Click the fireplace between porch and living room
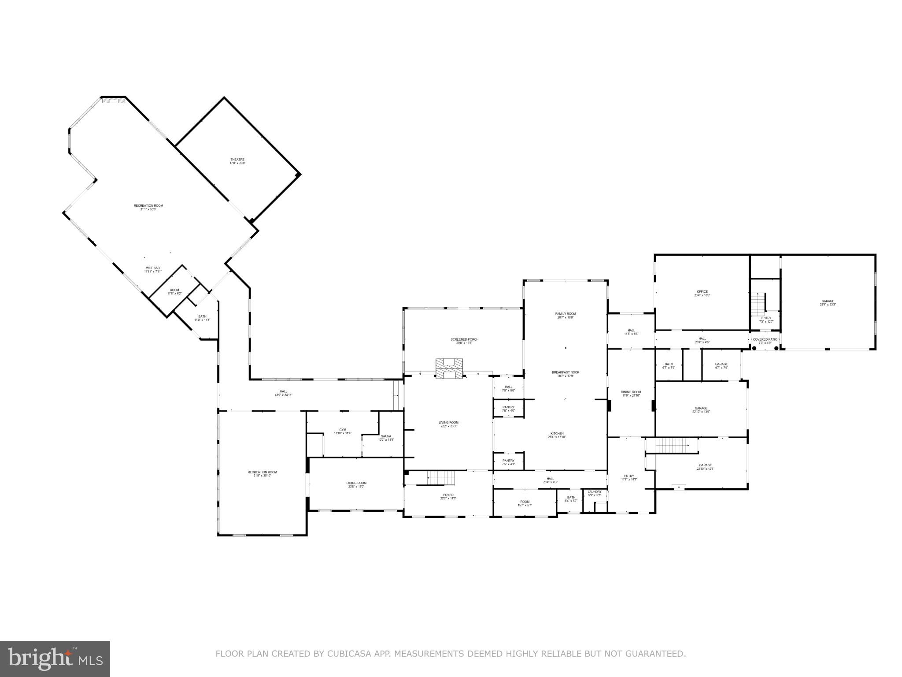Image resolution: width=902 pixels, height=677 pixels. pyautogui.click(x=449, y=368)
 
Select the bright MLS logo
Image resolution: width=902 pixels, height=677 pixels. pyautogui.click(x=55, y=658)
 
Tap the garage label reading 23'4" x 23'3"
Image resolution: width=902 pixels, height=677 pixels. pyautogui.click(x=828, y=302)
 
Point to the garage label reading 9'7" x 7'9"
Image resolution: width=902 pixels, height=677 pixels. pyautogui.click(x=721, y=365)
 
